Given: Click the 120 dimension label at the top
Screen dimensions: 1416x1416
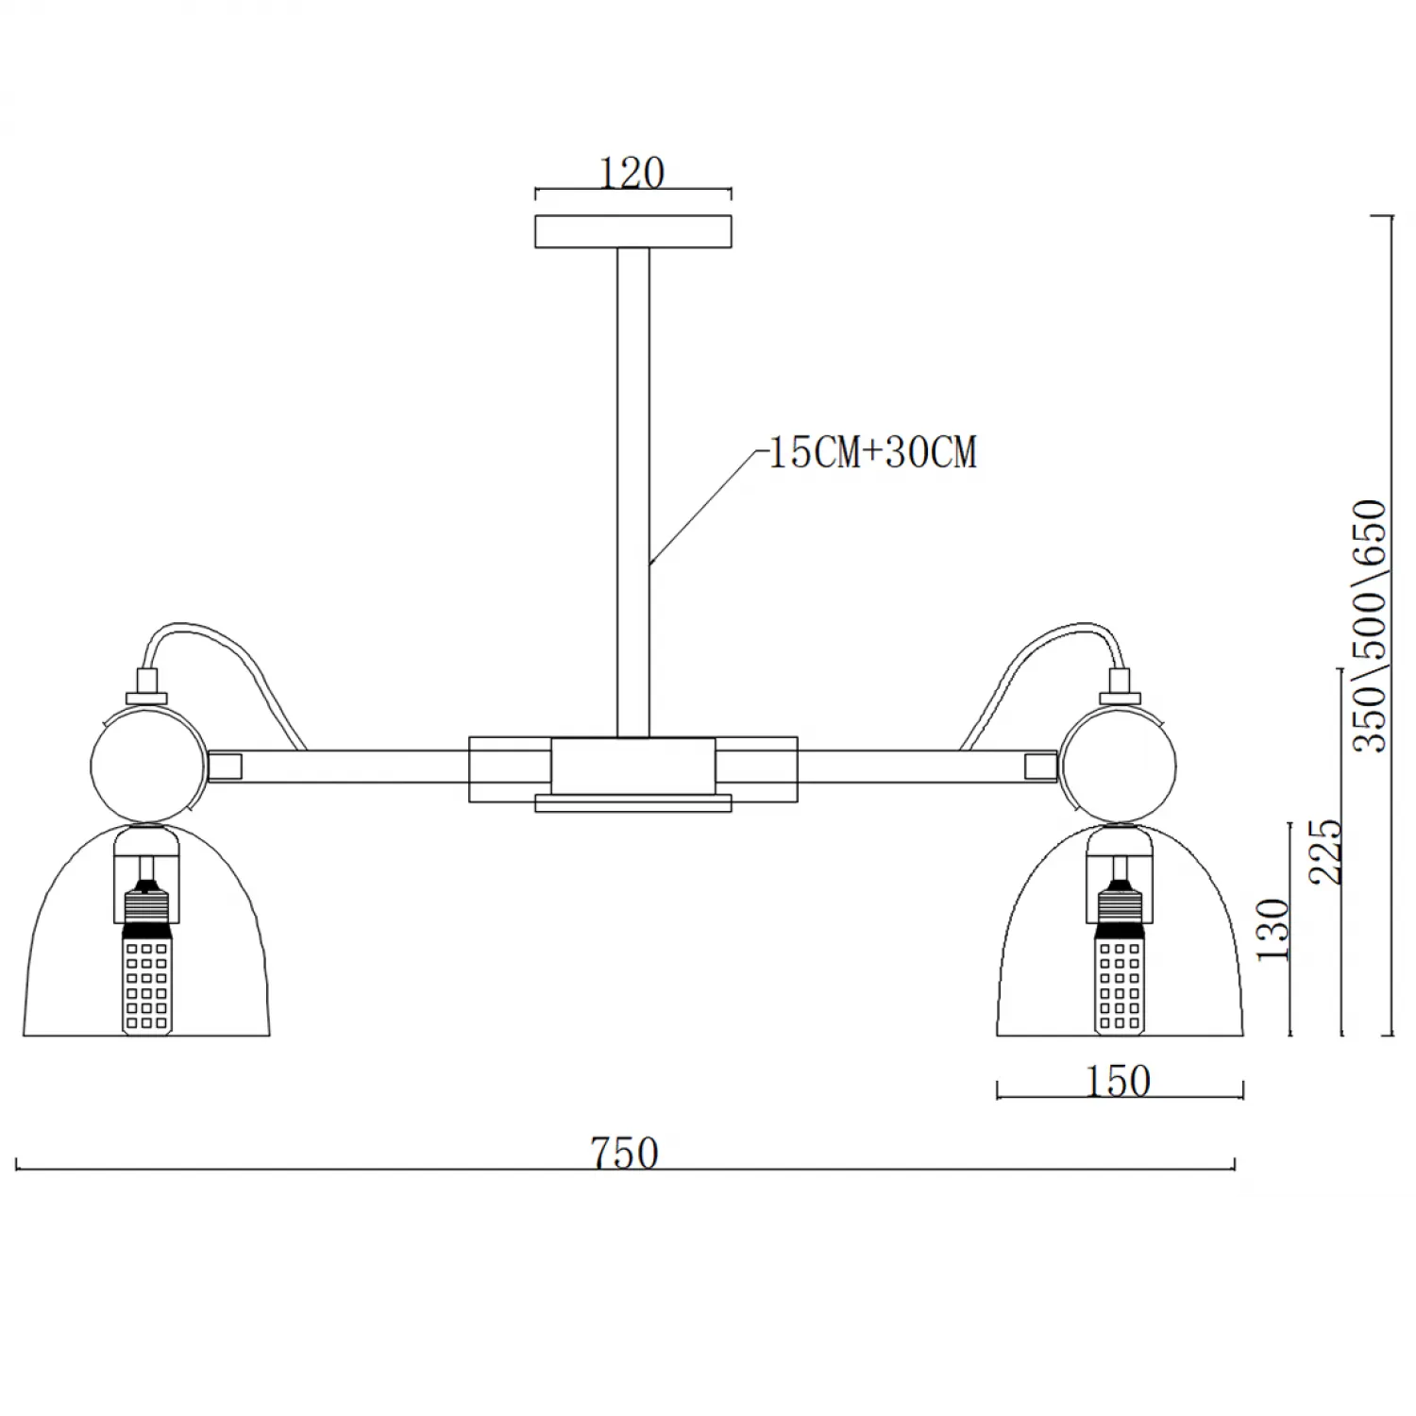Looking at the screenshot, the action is (632, 173).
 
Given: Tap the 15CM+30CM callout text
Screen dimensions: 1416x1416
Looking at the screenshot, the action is (873, 452).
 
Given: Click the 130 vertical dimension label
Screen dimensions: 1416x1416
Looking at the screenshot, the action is (1273, 929).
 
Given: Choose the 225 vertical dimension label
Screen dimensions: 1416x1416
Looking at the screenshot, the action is (1324, 851).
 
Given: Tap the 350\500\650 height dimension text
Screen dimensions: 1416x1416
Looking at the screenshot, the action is (1371, 625).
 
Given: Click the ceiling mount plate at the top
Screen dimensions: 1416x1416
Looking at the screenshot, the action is (633, 232).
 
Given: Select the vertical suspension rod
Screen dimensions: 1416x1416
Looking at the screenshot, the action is (633, 492).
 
